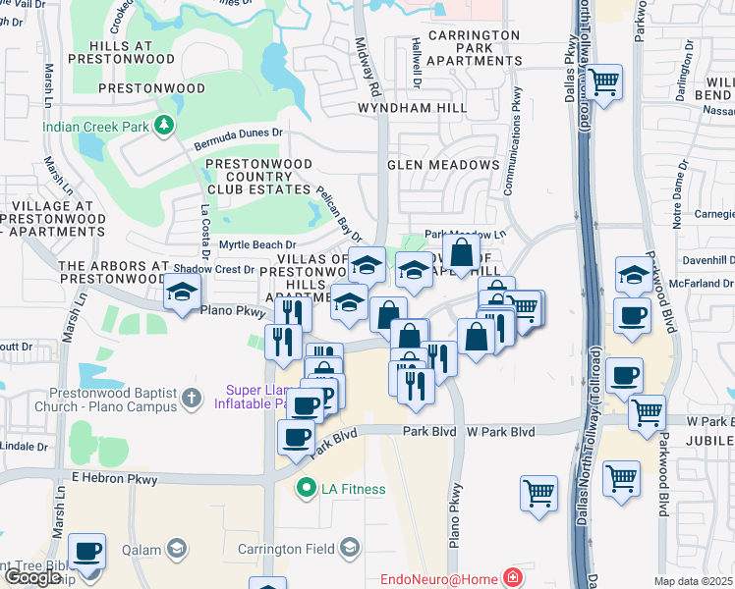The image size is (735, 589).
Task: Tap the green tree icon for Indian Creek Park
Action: tap(166, 125)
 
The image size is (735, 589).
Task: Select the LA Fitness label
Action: tap(351, 488)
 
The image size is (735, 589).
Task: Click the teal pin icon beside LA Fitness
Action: tap(306, 487)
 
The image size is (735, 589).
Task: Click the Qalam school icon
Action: tap(178, 547)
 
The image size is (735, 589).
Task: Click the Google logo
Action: tap(32, 576)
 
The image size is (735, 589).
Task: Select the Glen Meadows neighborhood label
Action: tap(443, 164)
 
